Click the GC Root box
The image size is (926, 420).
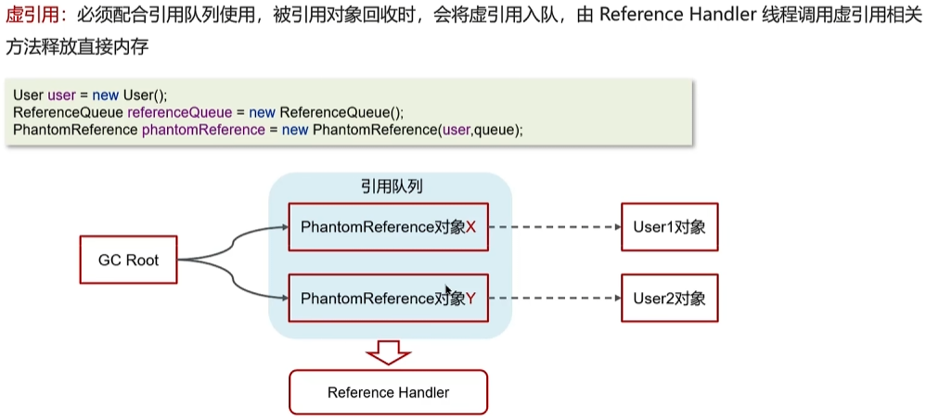point(129,261)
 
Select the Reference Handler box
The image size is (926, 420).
point(388,391)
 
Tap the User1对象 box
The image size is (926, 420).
point(669,227)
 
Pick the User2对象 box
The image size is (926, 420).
point(669,299)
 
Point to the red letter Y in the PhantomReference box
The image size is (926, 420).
point(470,299)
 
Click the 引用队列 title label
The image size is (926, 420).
point(391,186)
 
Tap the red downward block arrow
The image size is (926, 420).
point(388,351)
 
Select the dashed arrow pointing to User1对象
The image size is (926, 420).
point(554,227)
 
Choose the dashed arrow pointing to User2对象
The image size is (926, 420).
point(554,299)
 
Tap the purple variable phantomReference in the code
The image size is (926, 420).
point(203,130)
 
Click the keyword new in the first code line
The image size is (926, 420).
point(106,95)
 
